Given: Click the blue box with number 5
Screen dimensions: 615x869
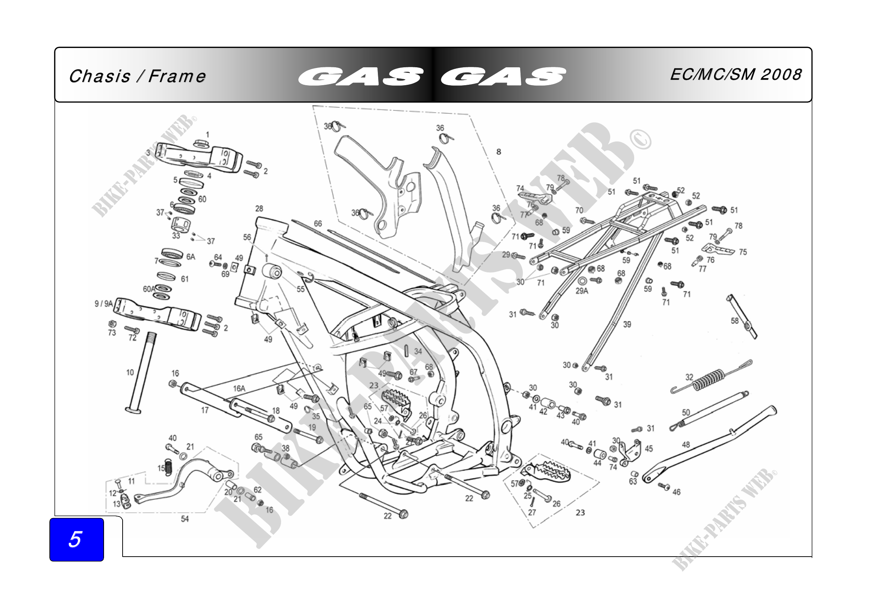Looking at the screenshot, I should click(77, 539).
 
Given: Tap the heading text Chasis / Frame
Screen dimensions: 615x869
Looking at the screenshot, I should click(137, 76).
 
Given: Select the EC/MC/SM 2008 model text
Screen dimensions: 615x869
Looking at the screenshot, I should click(736, 74).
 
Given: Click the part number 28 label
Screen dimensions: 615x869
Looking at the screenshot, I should click(259, 209).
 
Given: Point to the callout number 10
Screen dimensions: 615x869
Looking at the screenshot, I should click(130, 373).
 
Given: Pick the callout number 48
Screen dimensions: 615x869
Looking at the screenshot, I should click(685, 445).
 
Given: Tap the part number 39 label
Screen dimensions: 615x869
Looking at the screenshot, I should click(627, 324).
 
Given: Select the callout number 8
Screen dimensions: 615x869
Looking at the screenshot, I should click(499, 152).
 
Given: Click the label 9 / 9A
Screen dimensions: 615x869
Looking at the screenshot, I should click(103, 304).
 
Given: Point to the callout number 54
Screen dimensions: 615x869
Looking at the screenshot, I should click(185, 519).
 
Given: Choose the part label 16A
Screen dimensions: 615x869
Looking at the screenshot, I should click(239, 389).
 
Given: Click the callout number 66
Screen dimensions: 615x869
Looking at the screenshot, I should click(318, 224).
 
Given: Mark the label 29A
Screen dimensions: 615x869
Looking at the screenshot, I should click(582, 291).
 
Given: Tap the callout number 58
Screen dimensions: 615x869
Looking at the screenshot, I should click(735, 321).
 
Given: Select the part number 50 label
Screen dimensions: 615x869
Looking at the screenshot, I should click(686, 412).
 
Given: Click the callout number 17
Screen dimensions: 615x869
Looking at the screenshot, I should click(205, 410).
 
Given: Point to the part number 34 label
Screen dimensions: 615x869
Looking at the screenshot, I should click(418, 351).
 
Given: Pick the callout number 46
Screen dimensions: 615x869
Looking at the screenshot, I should click(676, 492).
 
